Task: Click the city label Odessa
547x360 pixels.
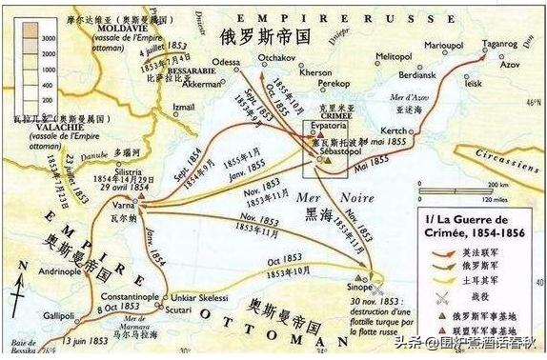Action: [x=226, y=62]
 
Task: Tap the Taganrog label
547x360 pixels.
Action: [x=499, y=43]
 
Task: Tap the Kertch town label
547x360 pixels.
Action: [x=394, y=130]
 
